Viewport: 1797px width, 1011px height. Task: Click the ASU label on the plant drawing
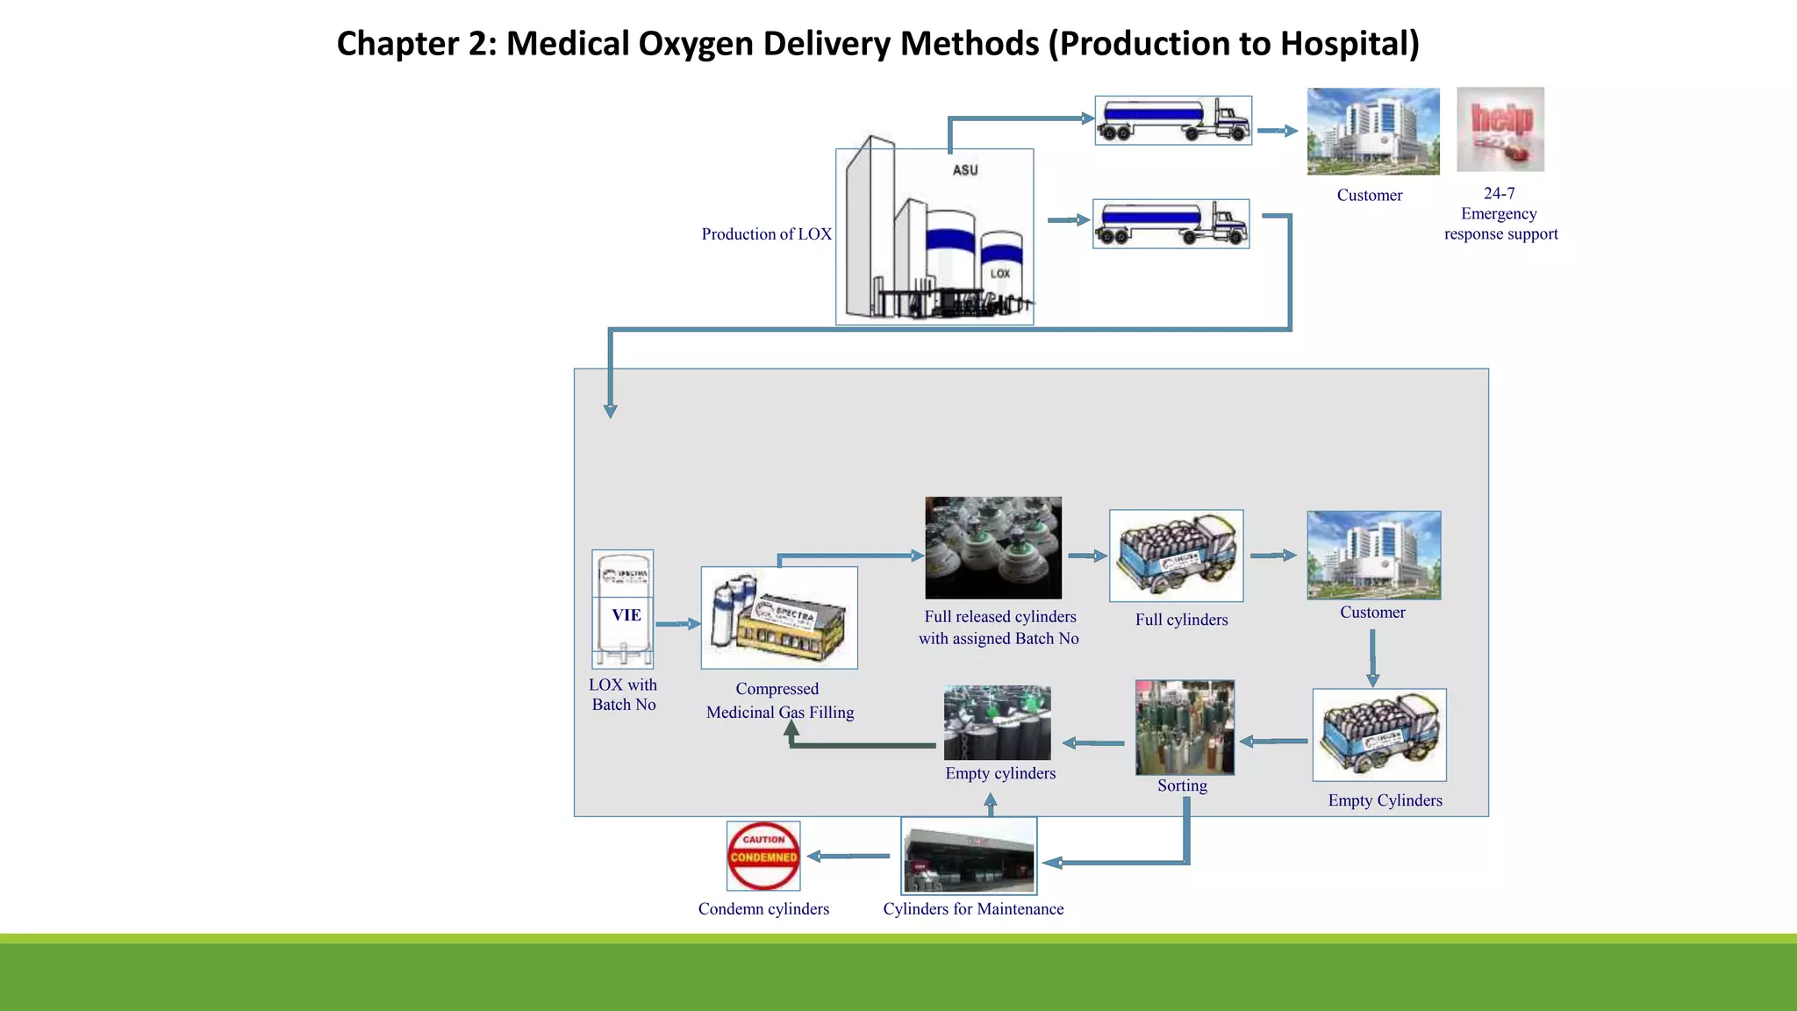[x=965, y=170]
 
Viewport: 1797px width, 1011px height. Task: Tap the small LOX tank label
[x=1000, y=274]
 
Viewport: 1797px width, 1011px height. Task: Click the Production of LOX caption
[x=766, y=234]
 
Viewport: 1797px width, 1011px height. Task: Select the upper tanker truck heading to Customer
[x=1173, y=120]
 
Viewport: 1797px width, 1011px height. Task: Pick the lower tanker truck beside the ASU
[x=1171, y=224]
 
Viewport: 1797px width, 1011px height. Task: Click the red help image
[x=1500, y=129]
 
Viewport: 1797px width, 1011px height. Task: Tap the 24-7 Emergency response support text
[x=1500, y=213]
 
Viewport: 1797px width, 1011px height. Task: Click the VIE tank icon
[x=623, y=609]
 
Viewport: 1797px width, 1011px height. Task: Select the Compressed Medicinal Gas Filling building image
[x=779, y=618]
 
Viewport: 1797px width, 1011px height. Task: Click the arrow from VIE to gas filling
[x=677, y=624]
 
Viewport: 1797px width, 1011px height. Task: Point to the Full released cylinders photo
[x=993, y=548]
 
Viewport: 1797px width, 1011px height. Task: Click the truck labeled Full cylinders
[x=1176, y=556]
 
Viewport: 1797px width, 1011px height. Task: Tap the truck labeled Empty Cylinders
[x=1379, y=735]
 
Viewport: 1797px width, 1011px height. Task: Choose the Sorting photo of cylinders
[x=1185, y=728]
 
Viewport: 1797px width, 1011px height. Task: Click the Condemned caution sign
[x=763, y=856]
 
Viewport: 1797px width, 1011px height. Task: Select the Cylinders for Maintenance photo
[x=969, y=857]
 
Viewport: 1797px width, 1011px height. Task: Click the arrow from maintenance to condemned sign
[x=848, y=856]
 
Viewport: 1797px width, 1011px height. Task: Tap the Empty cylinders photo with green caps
[x=997, y=722]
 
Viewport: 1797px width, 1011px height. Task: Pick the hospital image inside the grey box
[x=1373, y=555]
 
